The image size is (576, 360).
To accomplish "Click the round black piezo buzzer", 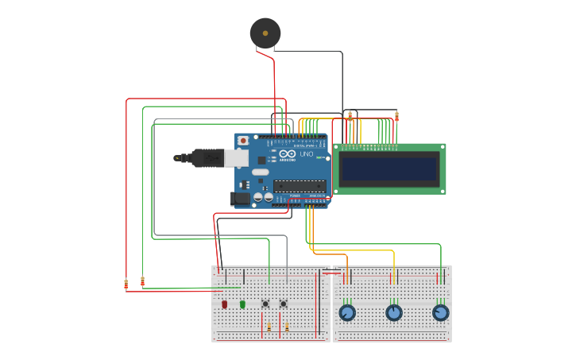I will coord(265,33).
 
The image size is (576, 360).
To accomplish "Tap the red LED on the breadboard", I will coord(225,304).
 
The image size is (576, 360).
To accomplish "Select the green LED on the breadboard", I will coord(242,304).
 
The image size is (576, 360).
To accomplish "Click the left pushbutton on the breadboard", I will coord(265,304).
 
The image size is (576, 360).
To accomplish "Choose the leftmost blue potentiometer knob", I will coord(347,312).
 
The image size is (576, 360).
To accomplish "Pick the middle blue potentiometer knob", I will coord(394,312).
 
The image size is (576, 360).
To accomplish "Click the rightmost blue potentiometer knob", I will coord(441,312).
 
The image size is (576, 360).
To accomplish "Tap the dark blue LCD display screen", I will coord(389,168).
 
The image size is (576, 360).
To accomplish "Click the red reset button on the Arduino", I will coord(243,141).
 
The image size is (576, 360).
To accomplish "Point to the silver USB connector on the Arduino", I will coord(236,158).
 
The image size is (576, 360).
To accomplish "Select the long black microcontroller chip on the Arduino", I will coord(300,186).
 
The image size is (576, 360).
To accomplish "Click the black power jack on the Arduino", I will coord(240,199).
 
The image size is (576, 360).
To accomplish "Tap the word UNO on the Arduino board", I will coord(307,154).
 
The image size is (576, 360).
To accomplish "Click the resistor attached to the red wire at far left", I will coord(126,284).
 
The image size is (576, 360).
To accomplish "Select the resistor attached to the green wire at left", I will coord(143,281).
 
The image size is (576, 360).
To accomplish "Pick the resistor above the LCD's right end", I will coord(396,117).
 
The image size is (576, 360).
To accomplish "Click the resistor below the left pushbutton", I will coord(269,327).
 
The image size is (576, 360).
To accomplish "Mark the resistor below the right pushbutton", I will coord(287,327).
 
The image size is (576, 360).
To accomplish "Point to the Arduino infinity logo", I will coord(288,153).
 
